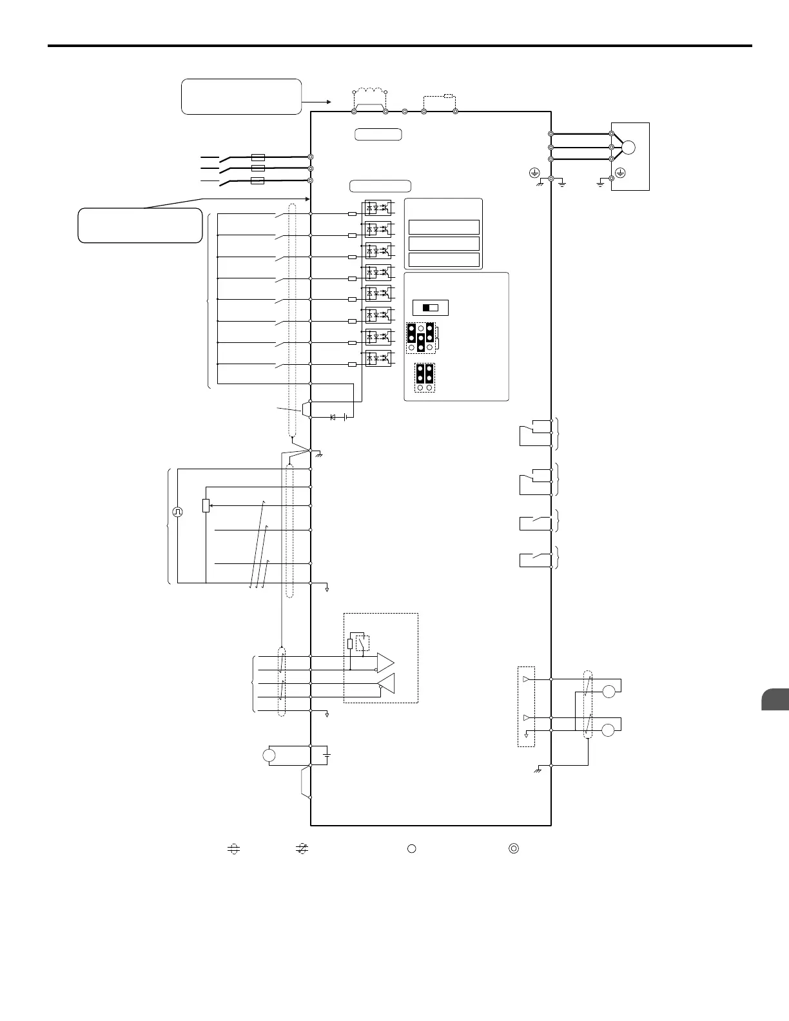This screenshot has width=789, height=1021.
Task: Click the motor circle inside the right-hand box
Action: click(628, 147)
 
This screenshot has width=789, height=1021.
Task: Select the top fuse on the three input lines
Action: click(257, 157)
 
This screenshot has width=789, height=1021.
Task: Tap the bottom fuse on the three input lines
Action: click(257, 181)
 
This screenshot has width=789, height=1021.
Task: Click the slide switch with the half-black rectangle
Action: click(430, 307)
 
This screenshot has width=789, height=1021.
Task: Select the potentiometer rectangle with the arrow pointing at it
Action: click(206, 505)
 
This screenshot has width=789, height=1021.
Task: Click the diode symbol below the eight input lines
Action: click(333, 418)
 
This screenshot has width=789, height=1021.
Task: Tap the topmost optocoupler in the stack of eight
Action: click(378, 208)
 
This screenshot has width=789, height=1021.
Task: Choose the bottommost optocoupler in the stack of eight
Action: click(378, 358)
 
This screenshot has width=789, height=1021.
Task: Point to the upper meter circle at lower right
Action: click(609, 692)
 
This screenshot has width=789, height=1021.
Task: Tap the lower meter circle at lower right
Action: click(609, 730)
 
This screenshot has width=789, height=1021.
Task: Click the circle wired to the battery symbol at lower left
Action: click(269, 755)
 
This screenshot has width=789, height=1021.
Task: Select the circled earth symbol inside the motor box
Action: click(619, 172)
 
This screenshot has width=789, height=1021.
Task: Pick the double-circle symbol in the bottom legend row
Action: click(514, 848)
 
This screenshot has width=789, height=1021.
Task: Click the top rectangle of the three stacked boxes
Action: click(444, 227)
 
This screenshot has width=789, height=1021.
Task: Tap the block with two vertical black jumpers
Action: click(424, 378)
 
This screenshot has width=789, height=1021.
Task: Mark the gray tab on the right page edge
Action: click(775, 700)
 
